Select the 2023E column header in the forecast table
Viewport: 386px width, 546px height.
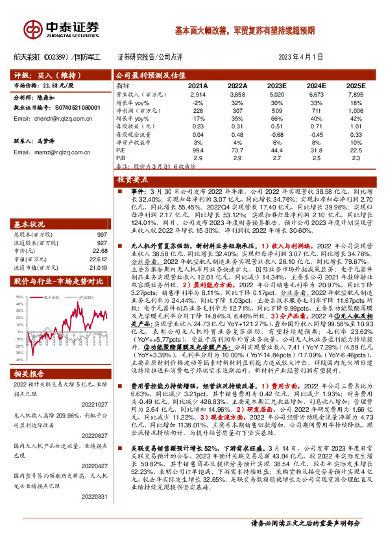point(276,85)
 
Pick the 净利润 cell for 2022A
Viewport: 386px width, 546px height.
point(237,110)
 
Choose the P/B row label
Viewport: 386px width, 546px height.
point(121,158)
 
